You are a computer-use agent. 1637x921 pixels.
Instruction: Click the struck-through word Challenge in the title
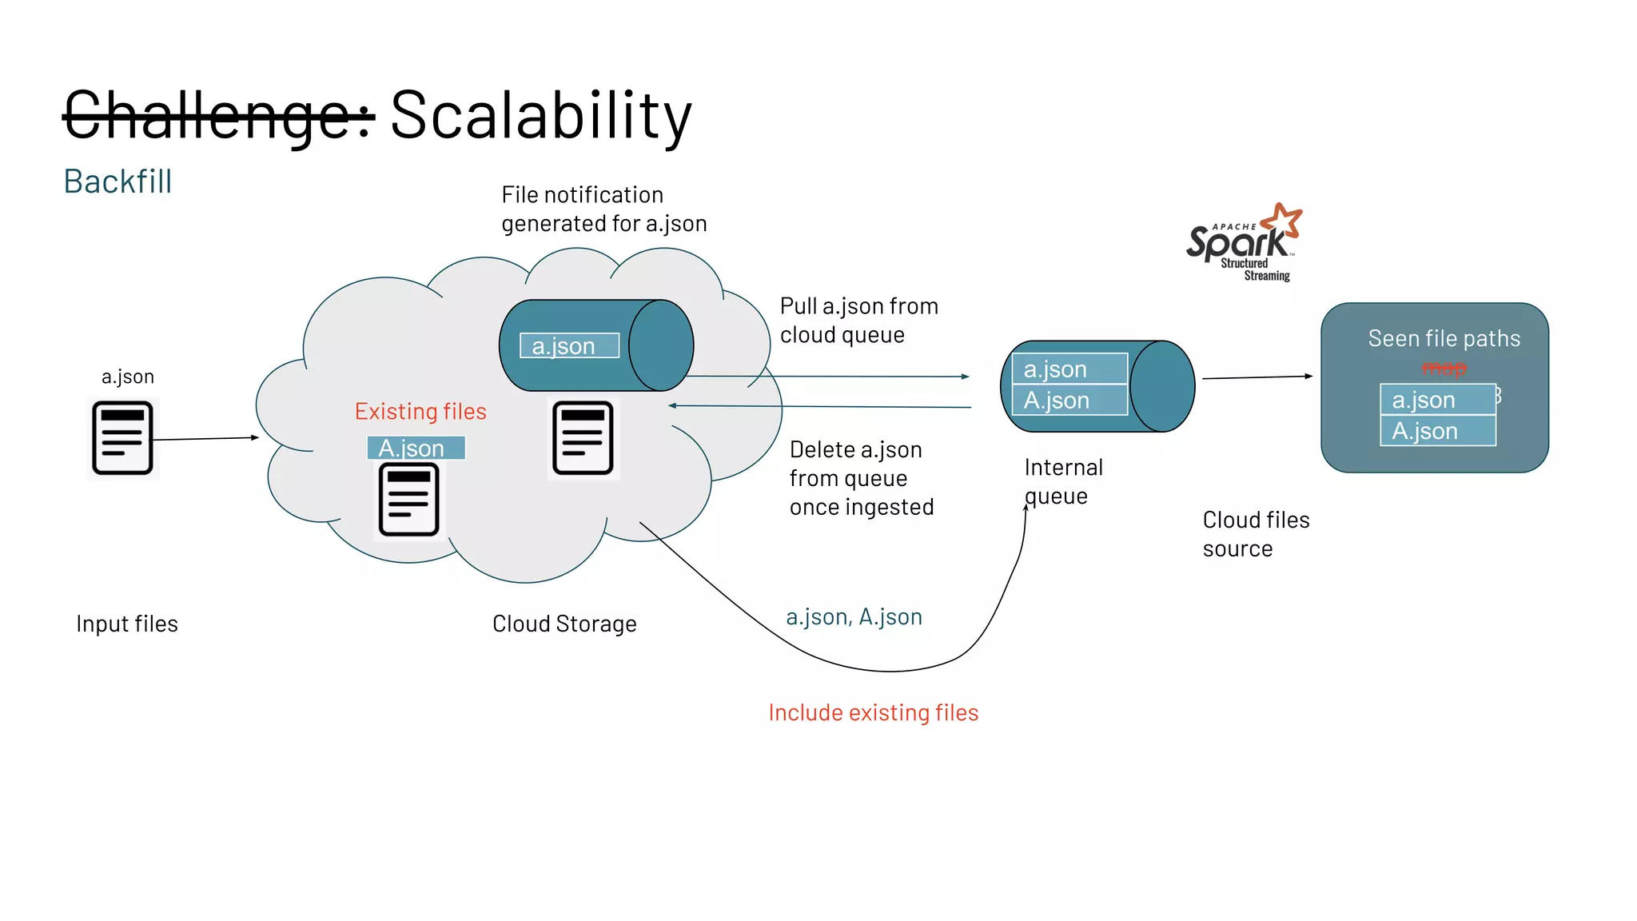(217, 117)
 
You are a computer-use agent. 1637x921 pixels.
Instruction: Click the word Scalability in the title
(540, 117)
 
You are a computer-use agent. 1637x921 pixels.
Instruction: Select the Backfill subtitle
(117, 181)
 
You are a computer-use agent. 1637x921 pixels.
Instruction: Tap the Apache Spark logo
(1243, 242)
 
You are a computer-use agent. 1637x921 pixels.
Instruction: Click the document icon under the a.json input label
(122, 438)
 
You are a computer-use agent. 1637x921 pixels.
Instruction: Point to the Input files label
(127, 624)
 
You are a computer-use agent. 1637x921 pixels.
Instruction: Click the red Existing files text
(420, 412)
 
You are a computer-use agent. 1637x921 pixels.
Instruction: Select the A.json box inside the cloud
(416, 448)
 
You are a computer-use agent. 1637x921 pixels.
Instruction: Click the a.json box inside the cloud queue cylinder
(569, 346)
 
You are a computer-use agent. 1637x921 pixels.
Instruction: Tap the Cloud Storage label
(564, 624)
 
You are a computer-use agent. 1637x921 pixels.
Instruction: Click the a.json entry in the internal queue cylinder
(1069, 369)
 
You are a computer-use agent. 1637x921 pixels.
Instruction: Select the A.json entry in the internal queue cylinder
(1069, 401)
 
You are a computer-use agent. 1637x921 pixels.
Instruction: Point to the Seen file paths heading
(1444, 339)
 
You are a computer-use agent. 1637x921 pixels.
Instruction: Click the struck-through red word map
(1444, 369)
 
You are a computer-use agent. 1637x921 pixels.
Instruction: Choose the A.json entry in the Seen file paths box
(1437, 432)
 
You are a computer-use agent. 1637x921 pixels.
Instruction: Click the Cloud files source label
(1255, 534)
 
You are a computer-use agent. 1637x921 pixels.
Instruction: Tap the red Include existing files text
(873, 712)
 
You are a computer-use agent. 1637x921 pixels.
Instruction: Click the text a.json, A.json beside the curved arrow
(854, 617)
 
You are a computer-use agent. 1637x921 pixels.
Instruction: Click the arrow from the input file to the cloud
(205, 438)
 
